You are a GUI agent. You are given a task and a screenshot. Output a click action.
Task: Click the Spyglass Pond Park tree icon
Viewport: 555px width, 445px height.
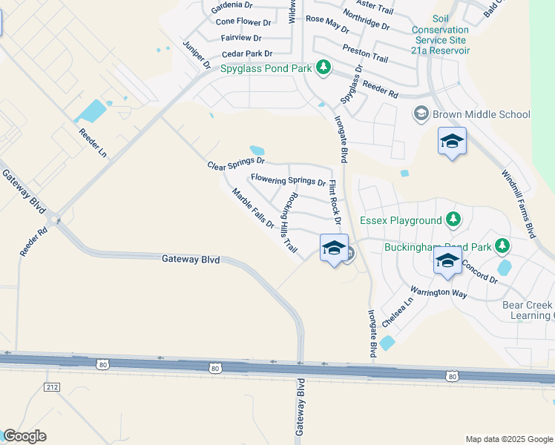323,67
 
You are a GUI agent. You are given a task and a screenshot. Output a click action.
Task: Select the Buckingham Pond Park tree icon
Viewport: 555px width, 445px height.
502,245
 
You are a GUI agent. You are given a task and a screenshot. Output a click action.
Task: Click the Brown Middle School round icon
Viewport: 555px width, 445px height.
421,114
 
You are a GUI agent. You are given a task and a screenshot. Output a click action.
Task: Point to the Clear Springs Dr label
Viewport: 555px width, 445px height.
236,162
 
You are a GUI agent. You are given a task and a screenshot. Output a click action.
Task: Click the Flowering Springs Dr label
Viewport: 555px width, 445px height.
288,179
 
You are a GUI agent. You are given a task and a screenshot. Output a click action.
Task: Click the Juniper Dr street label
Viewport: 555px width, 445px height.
197,56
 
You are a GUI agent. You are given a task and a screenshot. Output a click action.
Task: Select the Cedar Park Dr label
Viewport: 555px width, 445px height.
247,53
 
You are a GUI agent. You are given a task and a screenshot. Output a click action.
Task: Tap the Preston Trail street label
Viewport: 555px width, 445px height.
365,53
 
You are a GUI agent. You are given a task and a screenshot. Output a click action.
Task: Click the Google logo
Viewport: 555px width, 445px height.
24,436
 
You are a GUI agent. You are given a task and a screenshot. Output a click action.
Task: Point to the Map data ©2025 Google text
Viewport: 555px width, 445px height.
509,439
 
